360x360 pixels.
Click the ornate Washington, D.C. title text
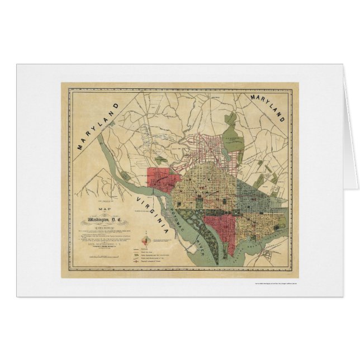click(x=104, y=209)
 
